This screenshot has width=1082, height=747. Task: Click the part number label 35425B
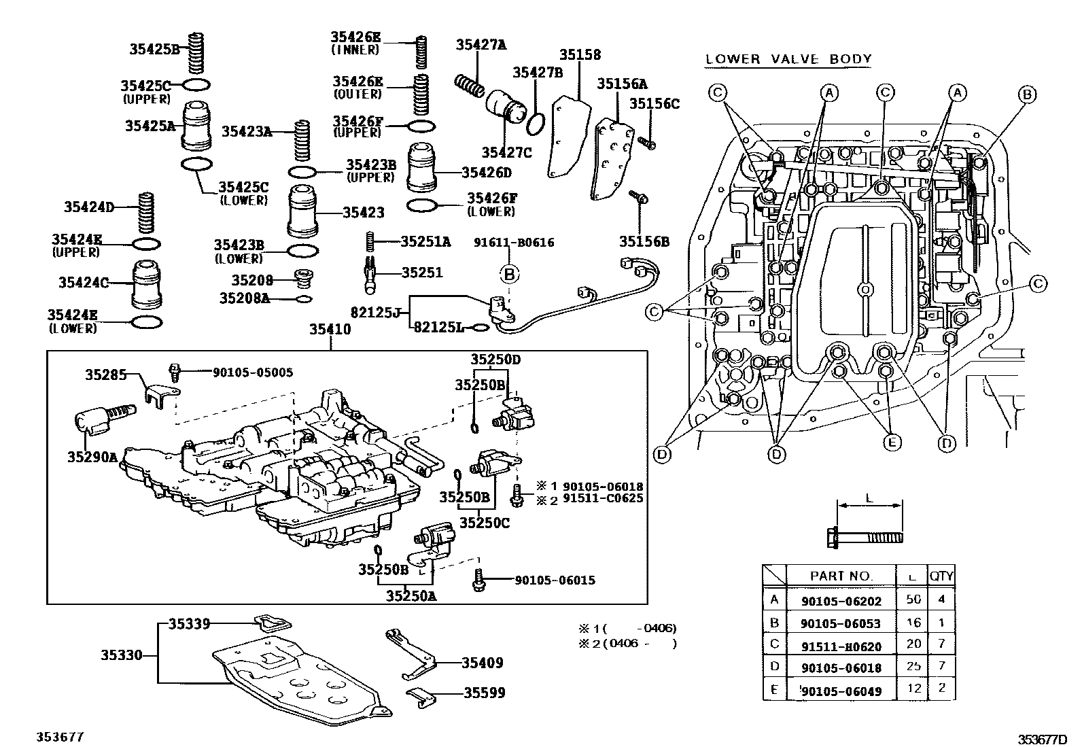coord(154,48)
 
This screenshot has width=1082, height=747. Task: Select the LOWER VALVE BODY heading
coord(788,59)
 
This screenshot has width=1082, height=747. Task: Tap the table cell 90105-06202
coord(840,600)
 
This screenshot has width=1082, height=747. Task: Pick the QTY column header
coord(941,576)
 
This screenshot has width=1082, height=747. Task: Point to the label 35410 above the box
coord(330,329)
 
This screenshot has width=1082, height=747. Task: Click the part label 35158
coord(580,55)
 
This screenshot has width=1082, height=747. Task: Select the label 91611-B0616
coord(514,243)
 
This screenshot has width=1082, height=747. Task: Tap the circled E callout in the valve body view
coord(891,442)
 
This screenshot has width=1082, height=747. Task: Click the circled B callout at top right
coord(1027,94)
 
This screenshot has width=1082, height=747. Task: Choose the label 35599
coord(484,693)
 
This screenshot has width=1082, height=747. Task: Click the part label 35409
coord(482,663)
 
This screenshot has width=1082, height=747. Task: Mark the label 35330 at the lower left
coord(122,655)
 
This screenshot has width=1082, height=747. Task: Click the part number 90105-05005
coord(253,372)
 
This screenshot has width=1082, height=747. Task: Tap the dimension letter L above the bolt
coord(869,497)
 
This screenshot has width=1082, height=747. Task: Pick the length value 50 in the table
coord(913,600)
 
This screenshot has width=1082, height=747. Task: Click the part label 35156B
coord(644,241)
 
